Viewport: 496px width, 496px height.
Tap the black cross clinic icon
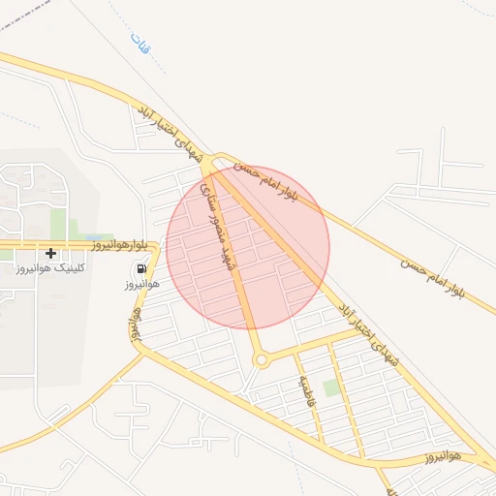[x=50, y=254]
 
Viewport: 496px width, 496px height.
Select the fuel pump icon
[x=141, y=268]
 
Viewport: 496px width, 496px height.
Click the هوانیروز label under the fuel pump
[x=140, y=284]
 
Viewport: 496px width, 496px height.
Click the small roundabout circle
[x=261, y=360]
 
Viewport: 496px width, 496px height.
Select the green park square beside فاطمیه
[x=332, y=387]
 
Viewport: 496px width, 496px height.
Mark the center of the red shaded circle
[x=248, y=248]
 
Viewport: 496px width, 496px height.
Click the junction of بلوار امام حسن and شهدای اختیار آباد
[x=216, y=166]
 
